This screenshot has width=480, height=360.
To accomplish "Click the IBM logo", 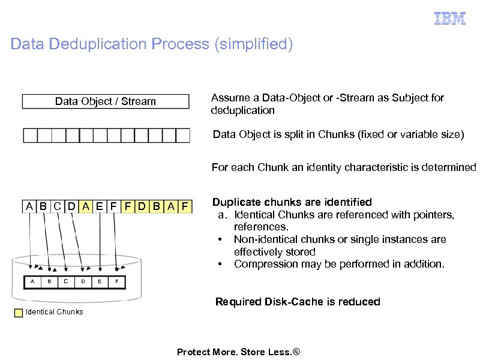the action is (x=450, y=19).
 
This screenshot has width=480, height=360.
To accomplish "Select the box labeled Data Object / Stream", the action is (x=106, y=101).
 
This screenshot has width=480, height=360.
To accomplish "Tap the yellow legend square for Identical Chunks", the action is (x=19, y=312).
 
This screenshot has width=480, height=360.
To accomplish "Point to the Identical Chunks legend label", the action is (x=55, y=311).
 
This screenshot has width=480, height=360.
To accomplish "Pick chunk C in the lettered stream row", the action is (x=57, y=207).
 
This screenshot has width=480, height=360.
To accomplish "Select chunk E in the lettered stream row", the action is (x=100, y=207).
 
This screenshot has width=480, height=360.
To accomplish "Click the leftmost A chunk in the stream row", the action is (x=29, y=207).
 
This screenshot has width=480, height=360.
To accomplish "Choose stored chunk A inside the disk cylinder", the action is (x=32, y=280).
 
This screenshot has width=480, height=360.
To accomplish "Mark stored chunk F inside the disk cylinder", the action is (x=117, y=280).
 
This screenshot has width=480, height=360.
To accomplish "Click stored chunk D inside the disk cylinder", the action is (x=83, y=280).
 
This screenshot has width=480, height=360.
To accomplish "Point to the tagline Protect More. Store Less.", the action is (x=238, y=352).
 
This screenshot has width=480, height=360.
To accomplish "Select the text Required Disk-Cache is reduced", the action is (x=298, y=302).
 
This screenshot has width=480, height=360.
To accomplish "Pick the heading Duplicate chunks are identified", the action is (x=292, y=202).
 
